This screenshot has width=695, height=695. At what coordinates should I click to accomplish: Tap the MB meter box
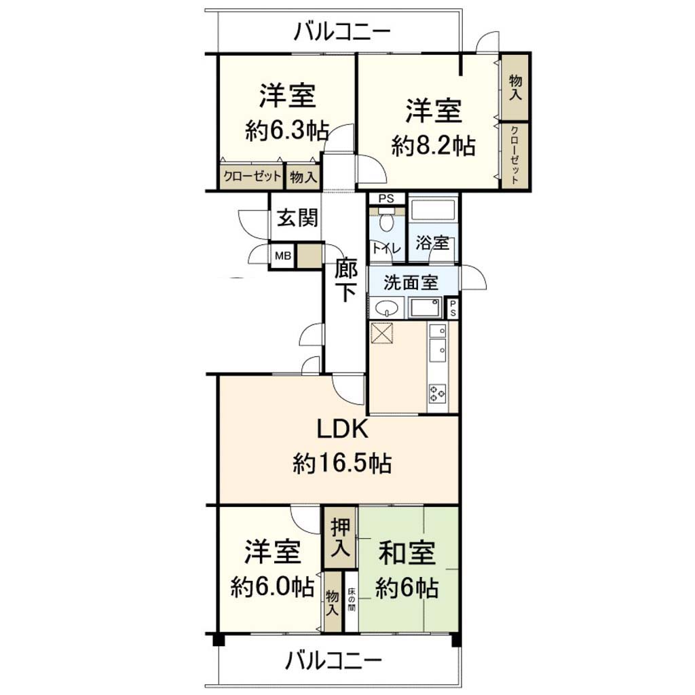(x=283, y=256)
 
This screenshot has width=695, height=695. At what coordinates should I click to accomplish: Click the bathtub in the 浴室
(x=432, y=210)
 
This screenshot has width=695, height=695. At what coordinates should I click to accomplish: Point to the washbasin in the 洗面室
(x=386, y=307)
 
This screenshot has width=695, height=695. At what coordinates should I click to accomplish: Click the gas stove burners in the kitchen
(x=437, y=393)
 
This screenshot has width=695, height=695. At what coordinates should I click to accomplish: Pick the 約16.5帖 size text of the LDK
(x=342, y=464)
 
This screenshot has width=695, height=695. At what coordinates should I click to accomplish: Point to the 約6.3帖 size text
(x=287, y=130)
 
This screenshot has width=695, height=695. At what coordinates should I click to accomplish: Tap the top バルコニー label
(x=342, y=32)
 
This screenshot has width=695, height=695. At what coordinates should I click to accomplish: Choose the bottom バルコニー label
(x=333, y=661)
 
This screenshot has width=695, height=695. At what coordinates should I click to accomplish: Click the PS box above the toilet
(x=386, y=199)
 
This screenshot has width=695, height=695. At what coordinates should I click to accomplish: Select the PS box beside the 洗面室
(x=453, y=307)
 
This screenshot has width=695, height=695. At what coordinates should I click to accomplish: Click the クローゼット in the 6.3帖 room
(x=252, y=177)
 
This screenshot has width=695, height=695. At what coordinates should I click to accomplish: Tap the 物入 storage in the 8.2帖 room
(x=514, y=87)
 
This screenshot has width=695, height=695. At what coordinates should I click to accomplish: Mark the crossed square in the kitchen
(x=382, y=333)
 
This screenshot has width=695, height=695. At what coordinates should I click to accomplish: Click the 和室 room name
(x=407, y=552)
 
